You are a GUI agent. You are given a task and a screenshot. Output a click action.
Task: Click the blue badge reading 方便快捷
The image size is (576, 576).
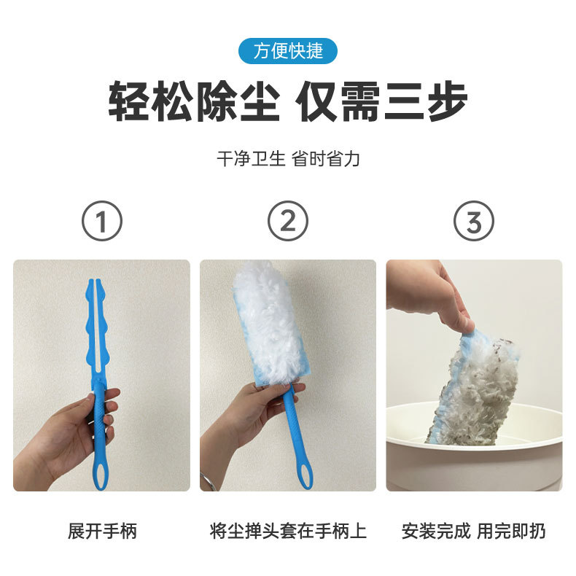pos(287,51)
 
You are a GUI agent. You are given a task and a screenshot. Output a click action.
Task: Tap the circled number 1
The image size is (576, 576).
pos(102,221)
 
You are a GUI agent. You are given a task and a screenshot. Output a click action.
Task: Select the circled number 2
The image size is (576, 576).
pos(287,221)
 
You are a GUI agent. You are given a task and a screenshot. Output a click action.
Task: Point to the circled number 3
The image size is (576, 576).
pos(473,221)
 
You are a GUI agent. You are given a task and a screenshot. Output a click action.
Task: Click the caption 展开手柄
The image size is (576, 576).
pos(102,531)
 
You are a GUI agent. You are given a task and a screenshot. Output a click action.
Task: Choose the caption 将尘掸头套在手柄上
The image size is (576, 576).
pos(288,531)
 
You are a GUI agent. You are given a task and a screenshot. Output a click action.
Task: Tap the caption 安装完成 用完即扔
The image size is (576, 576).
pos(473,531)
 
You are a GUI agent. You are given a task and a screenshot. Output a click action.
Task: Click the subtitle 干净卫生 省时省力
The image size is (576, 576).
pos(288,159)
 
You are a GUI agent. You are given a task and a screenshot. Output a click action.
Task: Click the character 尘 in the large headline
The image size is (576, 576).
pos(260,101)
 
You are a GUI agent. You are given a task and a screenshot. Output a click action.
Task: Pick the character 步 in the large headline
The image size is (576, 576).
pos(447,101)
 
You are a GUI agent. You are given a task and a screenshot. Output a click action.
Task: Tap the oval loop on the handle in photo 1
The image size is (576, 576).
pos(101,475)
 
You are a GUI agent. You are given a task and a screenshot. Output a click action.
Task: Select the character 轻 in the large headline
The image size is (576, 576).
pos(128,101)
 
